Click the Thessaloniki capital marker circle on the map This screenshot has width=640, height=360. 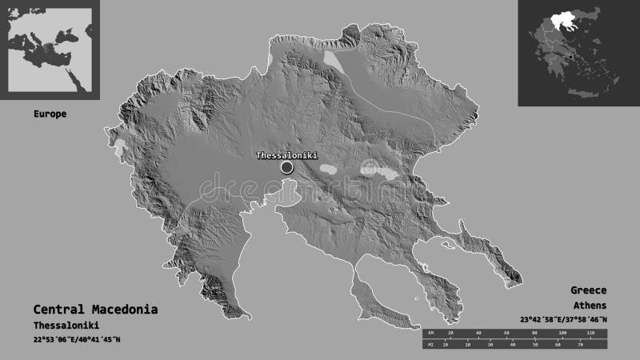(287, 167)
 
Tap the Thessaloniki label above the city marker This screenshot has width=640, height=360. (287, 155)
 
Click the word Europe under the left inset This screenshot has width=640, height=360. (50, 114)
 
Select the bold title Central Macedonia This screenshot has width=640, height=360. (95, 309)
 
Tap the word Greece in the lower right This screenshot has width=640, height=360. (589, 290)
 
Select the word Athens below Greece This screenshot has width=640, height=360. (589, 306)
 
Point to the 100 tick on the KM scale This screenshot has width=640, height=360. (562, 332)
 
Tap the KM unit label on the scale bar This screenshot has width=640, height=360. (430, 332)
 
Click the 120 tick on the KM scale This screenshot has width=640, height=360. (591, 332)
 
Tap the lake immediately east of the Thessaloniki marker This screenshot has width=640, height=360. (328, 170)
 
